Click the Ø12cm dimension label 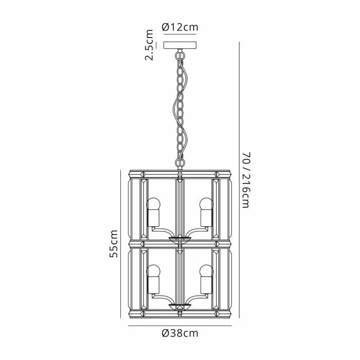[179, 27]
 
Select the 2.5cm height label [150, 45]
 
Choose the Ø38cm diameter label [179, 333]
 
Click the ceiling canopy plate [179, 45]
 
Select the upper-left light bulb [154, 203]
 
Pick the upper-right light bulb [206, 203]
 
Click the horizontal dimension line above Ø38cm [179, 325]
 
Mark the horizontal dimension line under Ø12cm [179, 34]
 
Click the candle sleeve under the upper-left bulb [154, 218]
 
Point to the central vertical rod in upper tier [180, 206]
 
